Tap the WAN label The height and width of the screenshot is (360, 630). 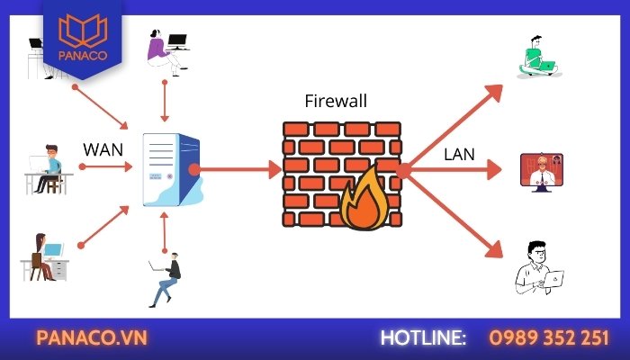pyautogui.click(x=103, y=148)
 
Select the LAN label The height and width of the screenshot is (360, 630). pyautogui.click(x=459, y=154)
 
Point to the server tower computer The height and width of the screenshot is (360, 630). pyautogui.click(x=170, y=169)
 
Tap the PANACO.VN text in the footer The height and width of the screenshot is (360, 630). pyautogui.click(x=91, y=337)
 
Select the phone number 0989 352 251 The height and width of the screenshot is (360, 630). pyautogui.click(x=549, y=337)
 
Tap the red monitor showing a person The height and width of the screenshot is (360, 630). pyautogui.click(x=541, y=172)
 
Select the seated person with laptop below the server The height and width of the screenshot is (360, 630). pyautogui.click(x=166, y=278)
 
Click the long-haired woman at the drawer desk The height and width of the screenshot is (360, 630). pyautogui.click(x=44, y=256)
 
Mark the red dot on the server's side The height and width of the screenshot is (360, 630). pyautogui.click(x=194, y=168)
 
